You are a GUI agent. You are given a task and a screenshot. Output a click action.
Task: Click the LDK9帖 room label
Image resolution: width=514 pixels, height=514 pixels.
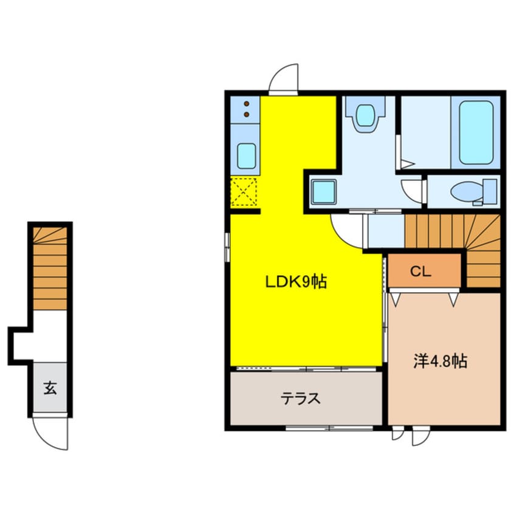pos(296,281)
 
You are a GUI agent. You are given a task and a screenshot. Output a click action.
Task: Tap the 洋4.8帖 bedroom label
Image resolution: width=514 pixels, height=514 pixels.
pos(440,361)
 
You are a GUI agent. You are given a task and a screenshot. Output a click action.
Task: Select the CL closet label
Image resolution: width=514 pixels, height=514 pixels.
pos(420,271)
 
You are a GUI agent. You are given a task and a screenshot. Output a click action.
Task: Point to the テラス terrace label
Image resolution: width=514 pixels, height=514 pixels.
pos(300,399)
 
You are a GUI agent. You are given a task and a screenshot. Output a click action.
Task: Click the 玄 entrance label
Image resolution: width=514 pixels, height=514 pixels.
pos(50,388)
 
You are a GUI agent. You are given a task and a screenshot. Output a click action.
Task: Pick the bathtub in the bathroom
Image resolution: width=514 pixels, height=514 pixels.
pos(476,132)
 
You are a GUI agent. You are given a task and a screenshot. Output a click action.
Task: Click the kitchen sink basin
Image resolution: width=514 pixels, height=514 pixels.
pos(246,156)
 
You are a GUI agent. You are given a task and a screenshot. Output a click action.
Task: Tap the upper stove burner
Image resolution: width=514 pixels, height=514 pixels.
pos(247,104)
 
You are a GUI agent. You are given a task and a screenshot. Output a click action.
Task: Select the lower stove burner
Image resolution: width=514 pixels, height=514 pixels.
pos(247,114)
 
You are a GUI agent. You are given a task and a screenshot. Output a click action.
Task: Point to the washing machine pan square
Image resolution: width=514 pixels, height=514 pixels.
pos(324,192)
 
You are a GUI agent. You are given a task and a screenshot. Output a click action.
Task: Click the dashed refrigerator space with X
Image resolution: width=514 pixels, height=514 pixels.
pos(244,192)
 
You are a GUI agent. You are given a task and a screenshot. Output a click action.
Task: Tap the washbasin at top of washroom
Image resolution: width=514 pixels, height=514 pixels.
pos(365,115)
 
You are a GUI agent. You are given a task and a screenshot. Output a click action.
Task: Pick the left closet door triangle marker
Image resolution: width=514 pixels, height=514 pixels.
pos(396,300)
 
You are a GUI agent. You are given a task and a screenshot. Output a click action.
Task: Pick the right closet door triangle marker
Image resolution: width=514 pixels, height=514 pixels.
pos(453,300)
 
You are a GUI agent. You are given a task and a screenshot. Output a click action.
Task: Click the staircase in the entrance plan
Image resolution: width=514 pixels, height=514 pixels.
pos(50,269)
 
